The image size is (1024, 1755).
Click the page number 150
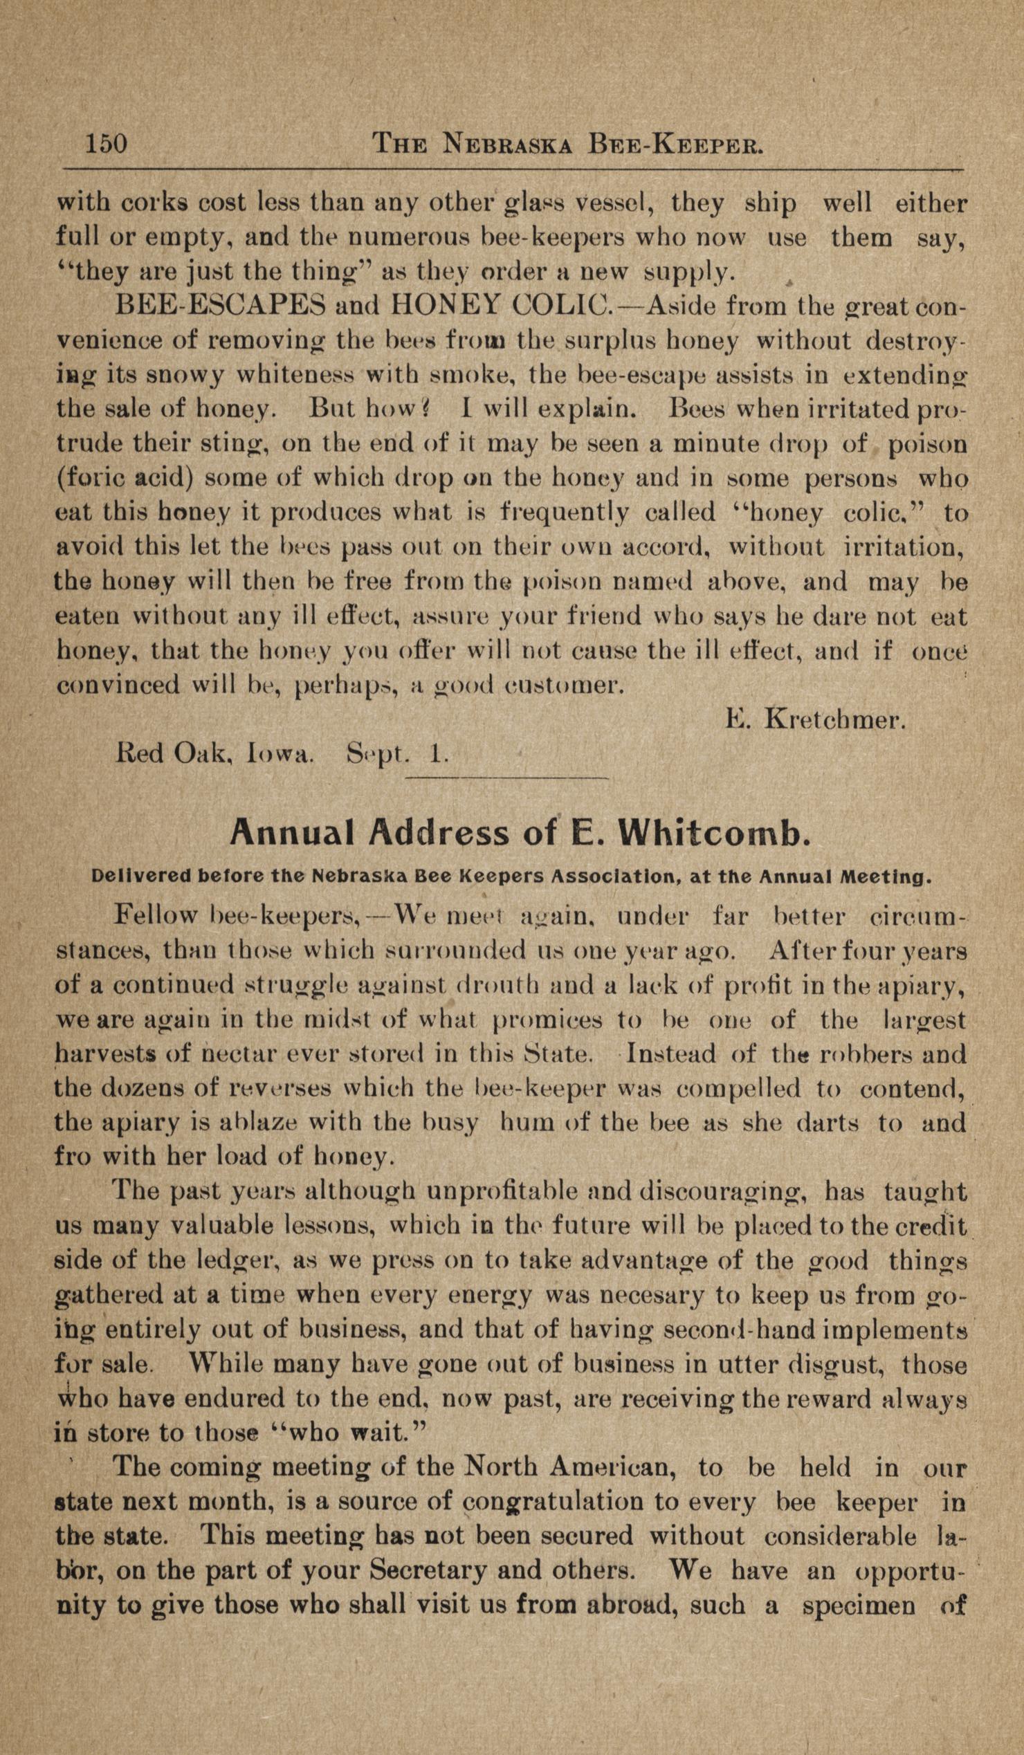click(107, 144)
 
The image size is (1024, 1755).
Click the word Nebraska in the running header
click(509, 144)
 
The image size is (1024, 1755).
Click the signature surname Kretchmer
click(835, 719)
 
